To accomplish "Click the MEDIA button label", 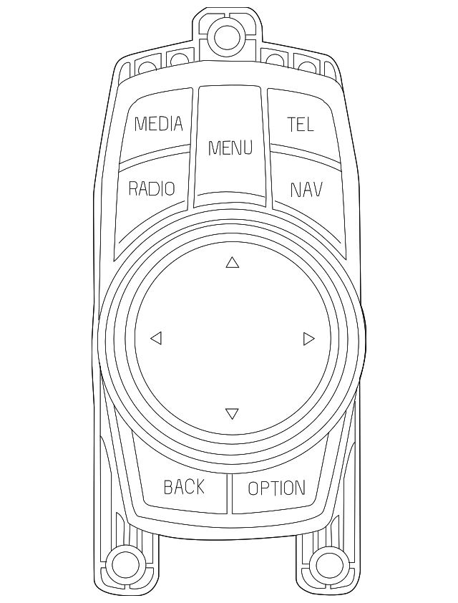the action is pos(159,124).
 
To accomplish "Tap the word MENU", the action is pos(230,148).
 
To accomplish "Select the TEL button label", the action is pos(301,125).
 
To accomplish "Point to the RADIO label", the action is pos(152,188).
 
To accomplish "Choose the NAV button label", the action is pos(306,190).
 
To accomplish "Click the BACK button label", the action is pos(184,487).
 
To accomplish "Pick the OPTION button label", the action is pos(276,488).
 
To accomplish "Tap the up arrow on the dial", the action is pos(232,263).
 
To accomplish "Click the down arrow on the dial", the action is pos(231,413).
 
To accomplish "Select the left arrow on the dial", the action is pos(156,338).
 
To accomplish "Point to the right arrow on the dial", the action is pos(308,338).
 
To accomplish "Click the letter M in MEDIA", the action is pos(141,124).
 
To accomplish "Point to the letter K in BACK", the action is pos(199,487).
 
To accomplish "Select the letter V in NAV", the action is pos(316,190).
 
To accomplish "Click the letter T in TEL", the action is pos(291,125).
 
